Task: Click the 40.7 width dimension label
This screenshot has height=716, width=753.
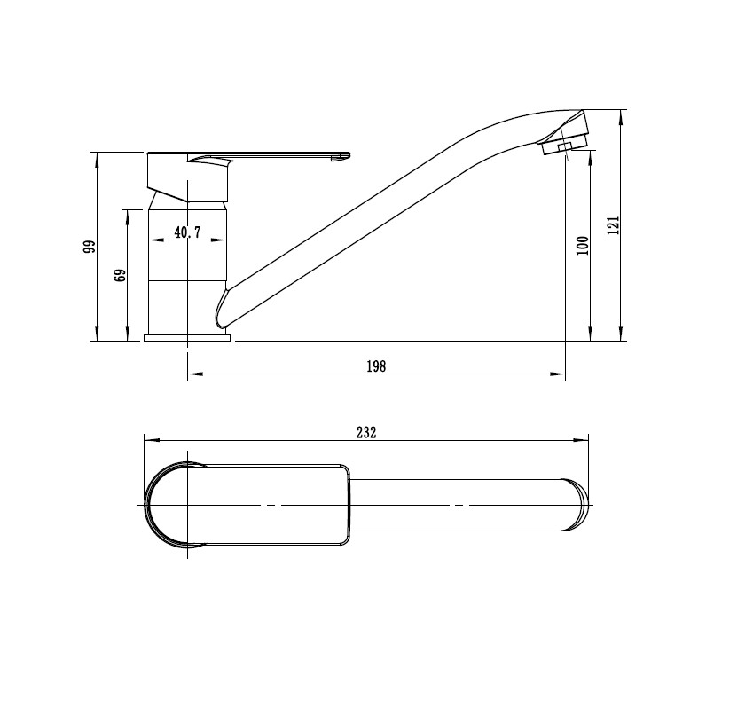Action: pyautogui.click(x=187, y=232)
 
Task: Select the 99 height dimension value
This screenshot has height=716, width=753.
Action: pyautogui.click(x=90, y=247)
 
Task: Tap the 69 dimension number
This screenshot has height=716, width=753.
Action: pyautogui.click(x=120, y=275)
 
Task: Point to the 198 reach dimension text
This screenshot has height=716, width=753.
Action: pyautogui.click(x=376, y=366)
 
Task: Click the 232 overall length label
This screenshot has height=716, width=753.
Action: pyautogui.click(x=366, y=432)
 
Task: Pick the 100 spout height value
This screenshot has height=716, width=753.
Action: pyautogui.click(x=583, y=246)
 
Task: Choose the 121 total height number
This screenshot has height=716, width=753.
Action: pyautogui.click(x=613, y=225)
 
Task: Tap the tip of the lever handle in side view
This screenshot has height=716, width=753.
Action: pyautogui.click(x=348, y=155)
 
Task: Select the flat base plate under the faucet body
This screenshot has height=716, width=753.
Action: pyautogui.click(x=187, y=337)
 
